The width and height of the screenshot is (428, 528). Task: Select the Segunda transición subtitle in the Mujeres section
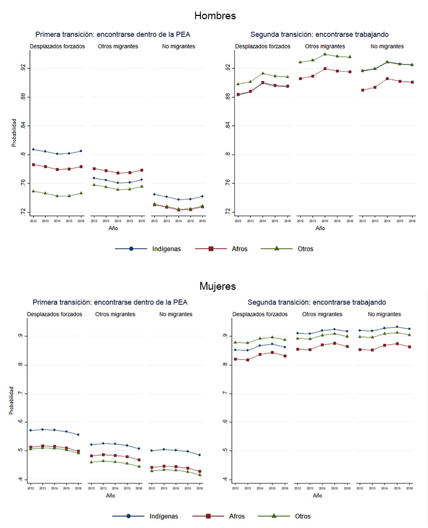(x=317, y=302)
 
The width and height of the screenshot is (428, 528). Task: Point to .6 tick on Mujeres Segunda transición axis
(x=224, y=422)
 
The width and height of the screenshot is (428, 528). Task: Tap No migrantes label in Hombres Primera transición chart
(x=178, y=47)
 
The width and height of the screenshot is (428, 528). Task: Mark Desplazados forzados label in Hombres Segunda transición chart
(x=262, y=47)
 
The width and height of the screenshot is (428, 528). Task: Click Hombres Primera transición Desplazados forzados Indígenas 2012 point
(x=33, y=149)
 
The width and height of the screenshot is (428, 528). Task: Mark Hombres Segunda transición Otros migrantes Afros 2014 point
(x=325, y=69)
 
